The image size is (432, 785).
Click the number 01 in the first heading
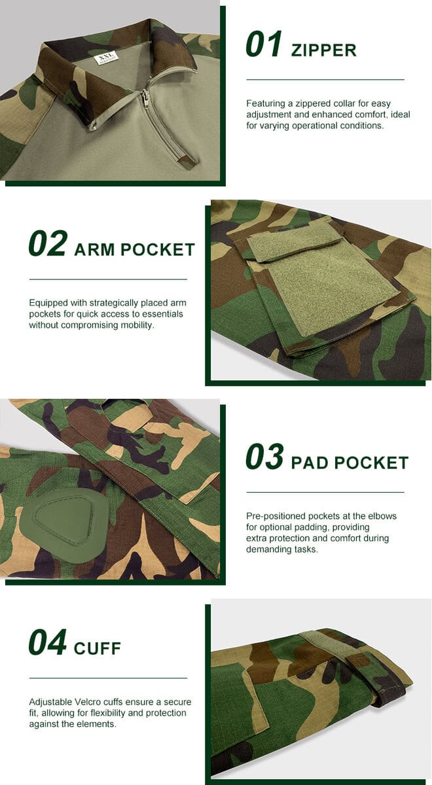tap(264, 44)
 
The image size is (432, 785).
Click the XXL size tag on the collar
tap(105, 58)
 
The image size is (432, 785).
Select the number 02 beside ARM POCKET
tap(48, 243)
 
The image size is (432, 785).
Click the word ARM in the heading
tap(95, 250)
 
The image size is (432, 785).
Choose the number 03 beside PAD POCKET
tap(264, 457)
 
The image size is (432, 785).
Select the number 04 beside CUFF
tap(48, 642)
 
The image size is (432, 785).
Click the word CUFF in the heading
tap(98, 649)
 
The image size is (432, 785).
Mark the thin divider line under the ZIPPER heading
tap(325, 80)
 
